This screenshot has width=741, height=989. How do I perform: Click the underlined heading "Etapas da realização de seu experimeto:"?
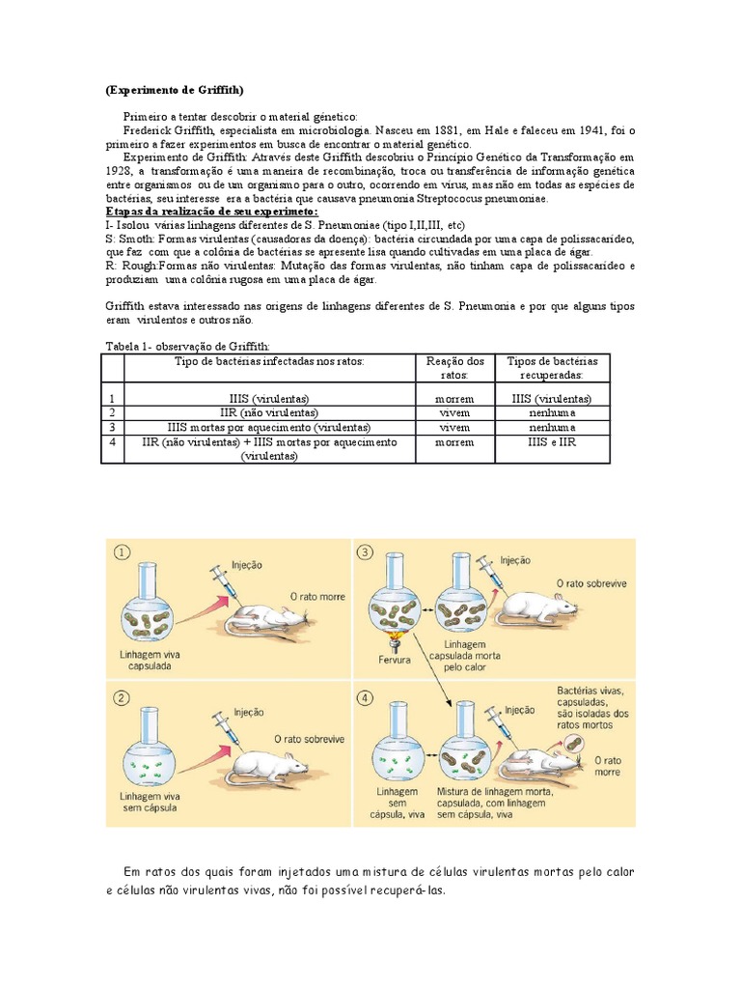tap(210, 212)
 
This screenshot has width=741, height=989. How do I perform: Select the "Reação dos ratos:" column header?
tap(454, 367)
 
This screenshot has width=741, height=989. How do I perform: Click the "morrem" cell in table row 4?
tap(454, 441)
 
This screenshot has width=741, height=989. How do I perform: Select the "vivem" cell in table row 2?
tap(454, 412)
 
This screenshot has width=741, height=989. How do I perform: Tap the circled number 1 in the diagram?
tap(122, 552)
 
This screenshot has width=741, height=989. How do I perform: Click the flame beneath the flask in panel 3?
tap(395, 641)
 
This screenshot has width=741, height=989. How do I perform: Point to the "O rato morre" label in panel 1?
tap(317, 596)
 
